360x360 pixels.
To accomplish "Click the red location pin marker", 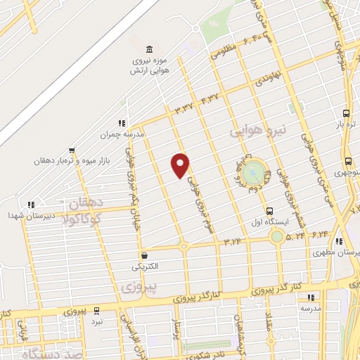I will (181, 165).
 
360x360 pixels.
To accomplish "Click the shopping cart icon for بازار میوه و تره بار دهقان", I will (71, 150).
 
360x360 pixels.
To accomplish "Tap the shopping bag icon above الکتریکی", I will (144, 256).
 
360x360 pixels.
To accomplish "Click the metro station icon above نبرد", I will (96, 310).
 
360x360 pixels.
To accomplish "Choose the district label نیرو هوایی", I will (260, 131).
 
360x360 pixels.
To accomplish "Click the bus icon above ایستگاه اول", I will (269, 211).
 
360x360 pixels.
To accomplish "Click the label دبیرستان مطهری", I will (344, 252).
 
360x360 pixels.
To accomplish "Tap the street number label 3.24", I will (233, 242).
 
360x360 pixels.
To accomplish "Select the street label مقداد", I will (269, 324).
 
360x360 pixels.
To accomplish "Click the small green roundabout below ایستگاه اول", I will (277, 236).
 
